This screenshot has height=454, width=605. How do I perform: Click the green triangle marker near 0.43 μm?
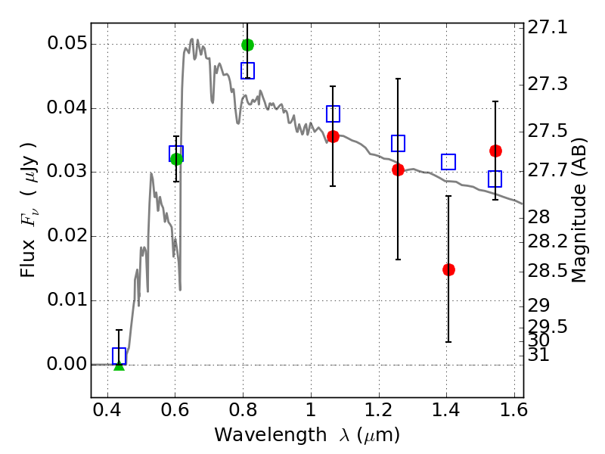(x=119, y=365)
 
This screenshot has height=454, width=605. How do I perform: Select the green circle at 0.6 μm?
(x=176, y=158)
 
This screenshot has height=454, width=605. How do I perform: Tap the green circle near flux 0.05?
(x=247, y=45)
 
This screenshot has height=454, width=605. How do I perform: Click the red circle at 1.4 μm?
(x=448, y=269)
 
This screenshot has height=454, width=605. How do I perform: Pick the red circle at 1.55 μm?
(x=495, y=151)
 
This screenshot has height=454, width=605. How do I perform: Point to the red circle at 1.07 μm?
(x=333, y=136)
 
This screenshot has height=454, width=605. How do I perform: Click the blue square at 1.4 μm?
(x=448, y=162)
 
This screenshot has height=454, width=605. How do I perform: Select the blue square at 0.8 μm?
(x=247, y=70)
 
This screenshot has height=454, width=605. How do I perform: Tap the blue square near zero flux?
(x=119, y=356)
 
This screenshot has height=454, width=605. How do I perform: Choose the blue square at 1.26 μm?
(x=398, y=143)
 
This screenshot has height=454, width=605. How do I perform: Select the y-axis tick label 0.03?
(x=66, y=172)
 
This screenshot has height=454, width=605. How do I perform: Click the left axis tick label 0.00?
(x=66, y=364)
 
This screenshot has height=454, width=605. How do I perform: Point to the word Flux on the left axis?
(x=28, y=241)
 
